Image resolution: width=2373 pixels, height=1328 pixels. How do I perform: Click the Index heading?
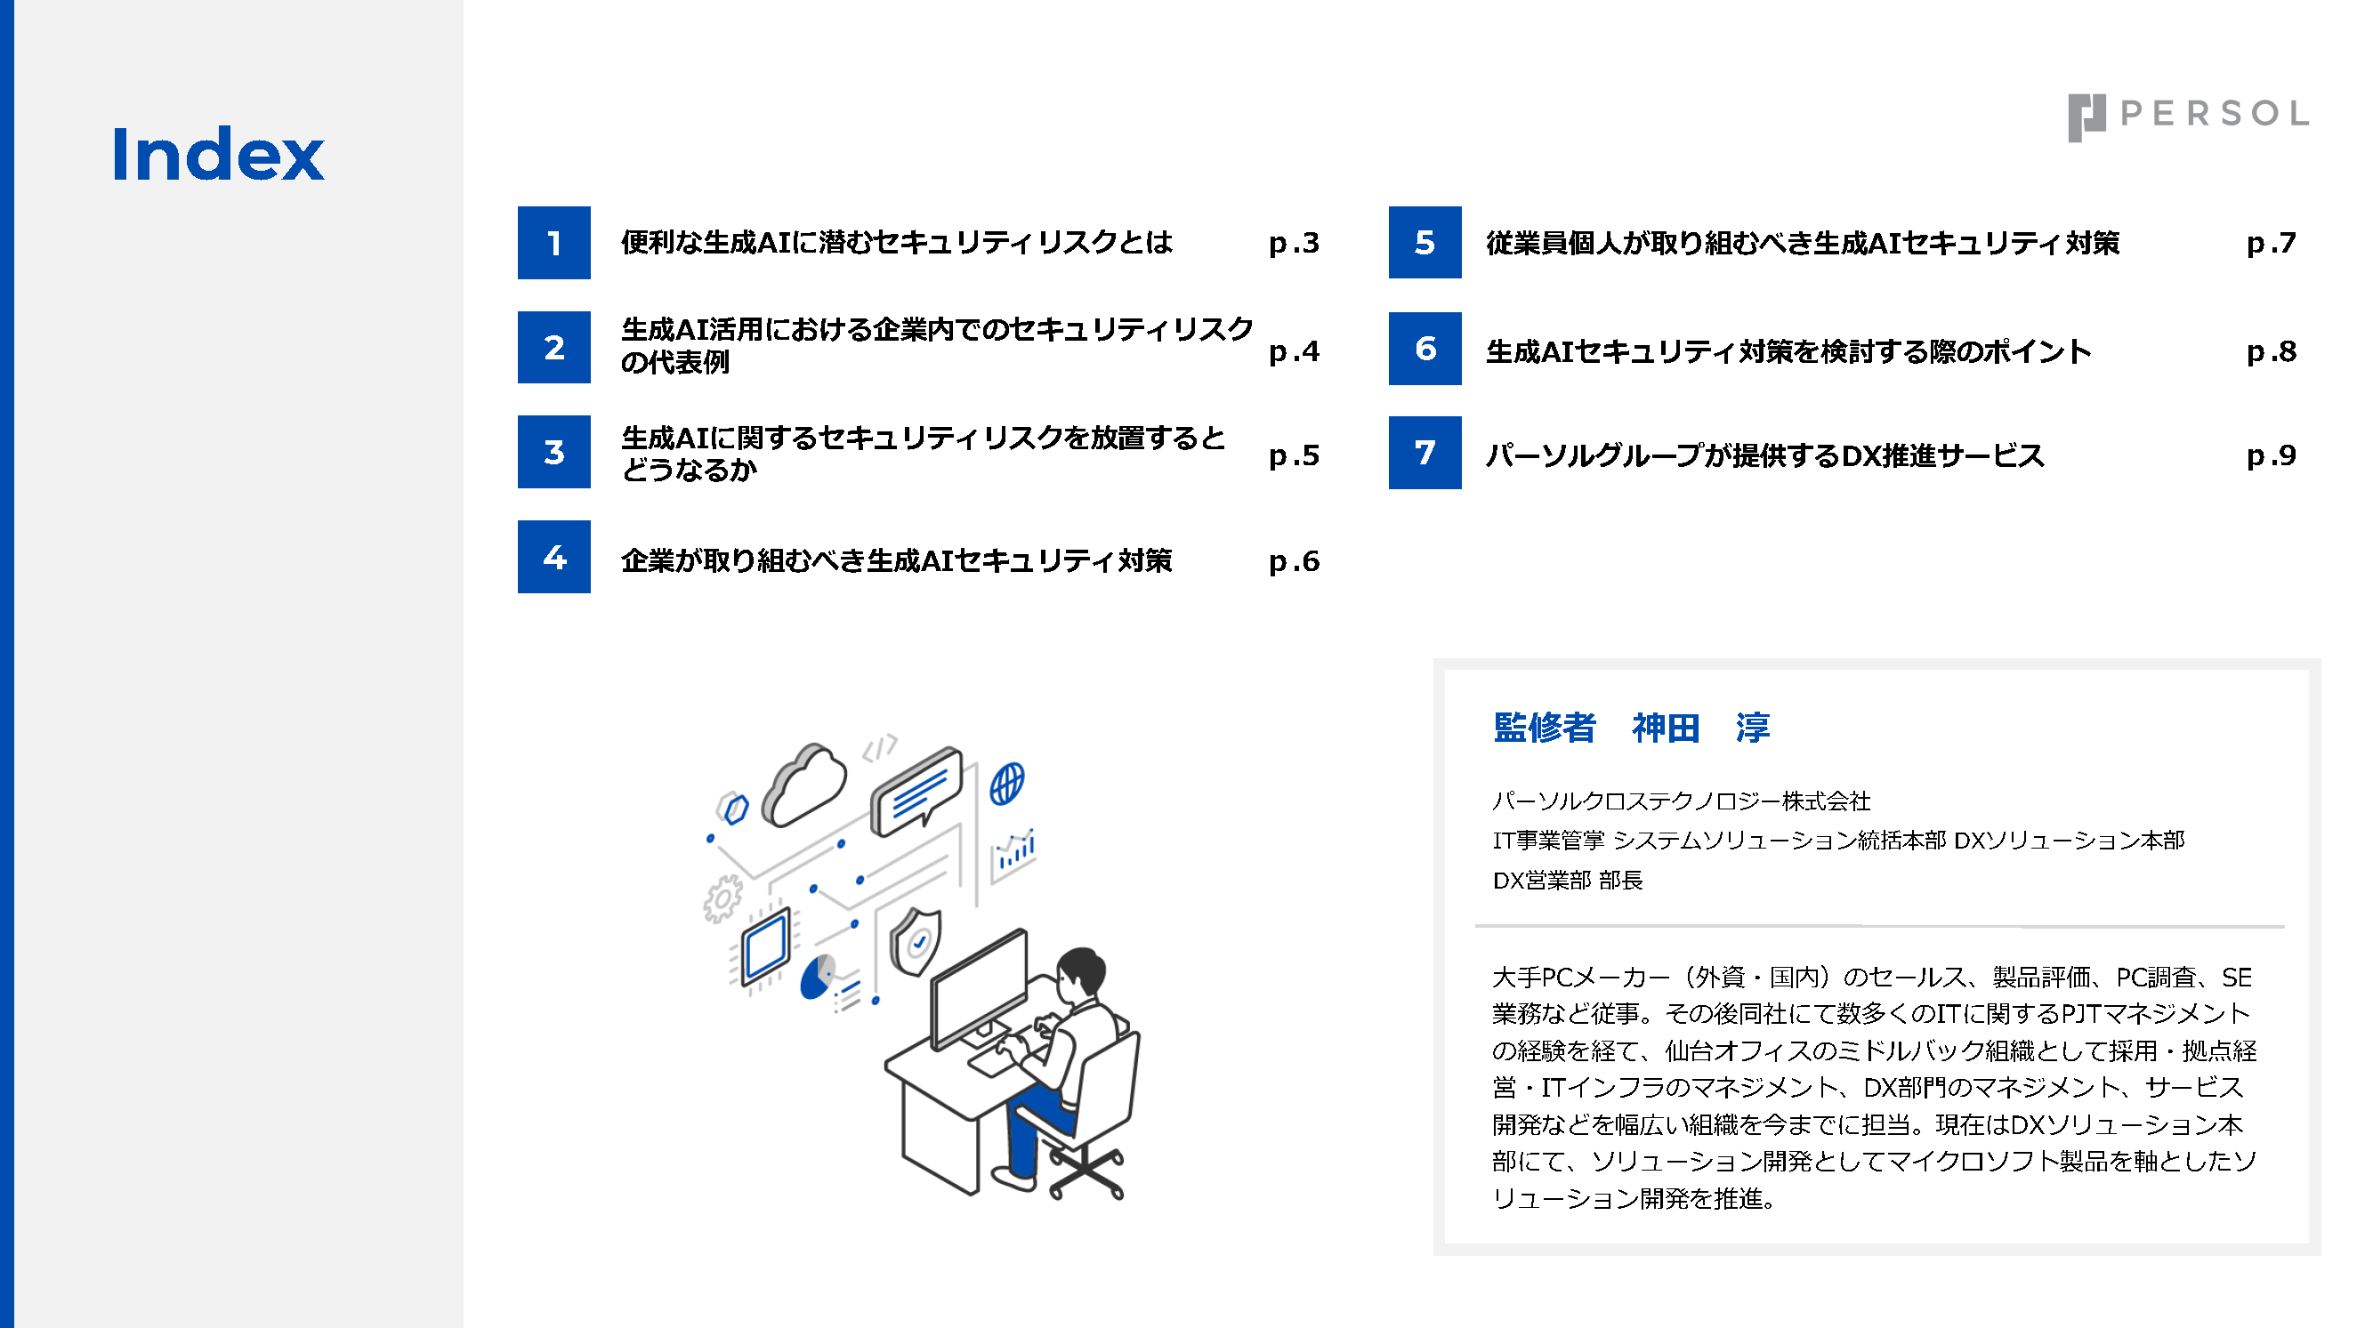pyautogui.click(x=217, y=154)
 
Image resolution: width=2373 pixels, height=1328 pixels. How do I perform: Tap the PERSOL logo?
pyautogui.click(x=2188, y=117)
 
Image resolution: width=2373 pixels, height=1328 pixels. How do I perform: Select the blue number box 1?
pyautogui.click(x=553, y=242)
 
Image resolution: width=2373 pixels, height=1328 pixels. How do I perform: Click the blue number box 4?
pyautogui.click(x=553, y=557)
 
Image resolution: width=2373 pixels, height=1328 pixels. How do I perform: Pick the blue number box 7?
pyautogui.click(x=1425, y=452)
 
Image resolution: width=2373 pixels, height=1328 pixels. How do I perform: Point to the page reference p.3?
pyautogui.click(x=1294, y=243)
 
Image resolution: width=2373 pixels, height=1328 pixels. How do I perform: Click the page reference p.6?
pyautogui.click(x=1294, y=561)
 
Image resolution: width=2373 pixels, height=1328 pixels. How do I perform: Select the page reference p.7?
pyautogui.click(x=2271, y=243)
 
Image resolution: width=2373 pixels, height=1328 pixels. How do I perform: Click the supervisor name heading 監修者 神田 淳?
pyautogui.click(x=1632, y=728)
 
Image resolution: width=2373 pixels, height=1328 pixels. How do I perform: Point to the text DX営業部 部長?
pyautogui.click(x=1567, y=881)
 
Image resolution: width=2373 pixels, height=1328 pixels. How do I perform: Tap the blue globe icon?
pyautogui.click(x=1007, y=784)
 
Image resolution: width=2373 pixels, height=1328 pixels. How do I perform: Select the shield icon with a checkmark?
pyautogui.click(x=915, y=941)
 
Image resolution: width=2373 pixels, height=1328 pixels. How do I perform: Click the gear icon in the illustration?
pyautogui.click(x=722, y=897)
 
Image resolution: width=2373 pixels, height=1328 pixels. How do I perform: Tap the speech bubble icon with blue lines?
pyautogui.click(x=916, y=791)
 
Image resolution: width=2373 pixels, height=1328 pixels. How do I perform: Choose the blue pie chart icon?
pyautogui.click(x=817, y=978)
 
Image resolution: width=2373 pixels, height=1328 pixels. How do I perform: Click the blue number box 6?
pyautogui.click(x=1425, y=348)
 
